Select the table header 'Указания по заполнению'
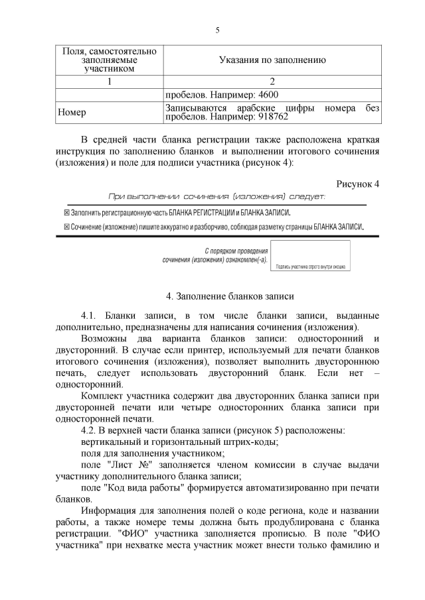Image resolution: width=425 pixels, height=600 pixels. tap(272, 60)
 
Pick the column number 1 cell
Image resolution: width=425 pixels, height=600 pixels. tap(109, 81)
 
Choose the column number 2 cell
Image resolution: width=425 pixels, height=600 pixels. tap(272, 81)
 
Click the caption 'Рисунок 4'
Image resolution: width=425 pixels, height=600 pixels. tap(357, 184)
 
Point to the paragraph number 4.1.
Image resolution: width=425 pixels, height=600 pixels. tap(90, 314)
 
